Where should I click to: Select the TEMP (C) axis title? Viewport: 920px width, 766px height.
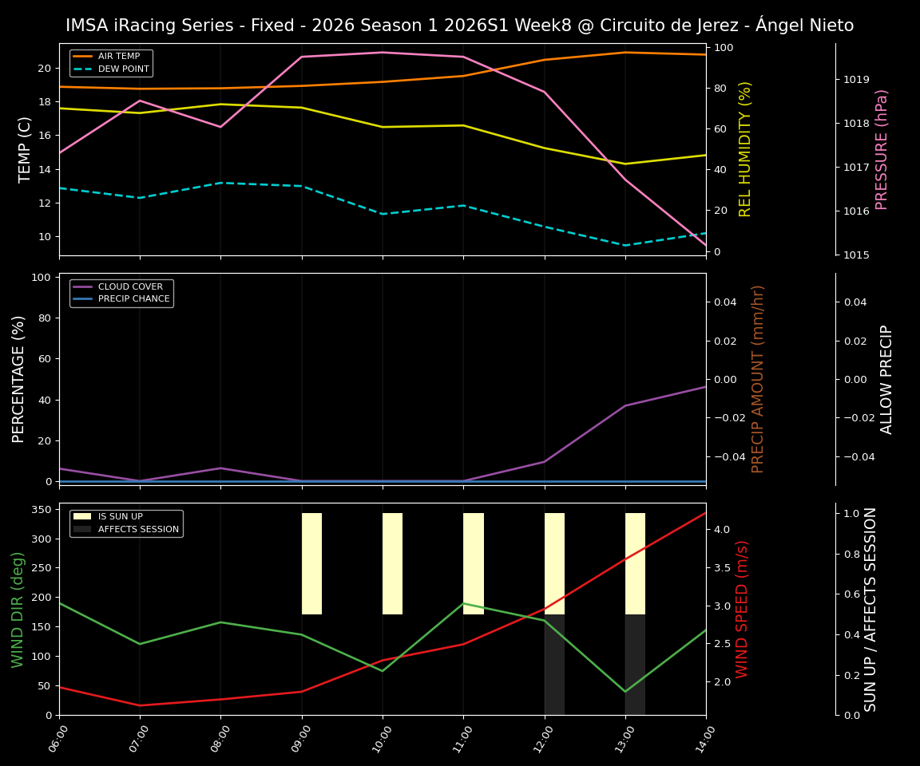(26, 149)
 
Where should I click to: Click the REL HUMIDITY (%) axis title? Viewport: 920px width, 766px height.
(746, 149)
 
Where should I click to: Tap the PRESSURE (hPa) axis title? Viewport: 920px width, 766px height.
(882, 149)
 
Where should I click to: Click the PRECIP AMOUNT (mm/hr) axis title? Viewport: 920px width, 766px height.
(759, 379)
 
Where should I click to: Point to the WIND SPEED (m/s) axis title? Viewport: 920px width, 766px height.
(743, 609)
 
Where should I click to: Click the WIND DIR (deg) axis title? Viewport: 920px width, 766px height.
(18, 609)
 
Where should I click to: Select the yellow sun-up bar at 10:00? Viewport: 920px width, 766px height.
(392, 563)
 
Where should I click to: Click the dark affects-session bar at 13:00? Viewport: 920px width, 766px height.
(635, 664)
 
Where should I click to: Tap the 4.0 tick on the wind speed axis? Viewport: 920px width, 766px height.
(720, 529)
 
